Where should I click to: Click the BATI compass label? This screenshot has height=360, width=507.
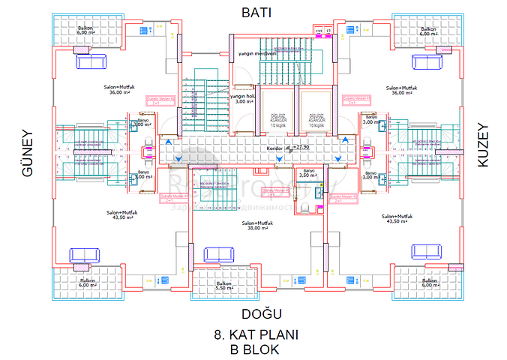pos(255,12)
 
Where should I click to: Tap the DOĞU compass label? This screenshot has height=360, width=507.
pos(255,313)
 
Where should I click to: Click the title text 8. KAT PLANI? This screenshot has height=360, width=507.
pos(256,335)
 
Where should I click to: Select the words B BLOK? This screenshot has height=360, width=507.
pos(255,349)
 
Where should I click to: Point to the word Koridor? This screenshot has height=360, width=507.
pos(274,148)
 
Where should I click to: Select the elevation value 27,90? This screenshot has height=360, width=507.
pos(301,148)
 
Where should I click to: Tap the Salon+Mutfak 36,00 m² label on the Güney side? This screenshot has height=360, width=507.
pos(118,90)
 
